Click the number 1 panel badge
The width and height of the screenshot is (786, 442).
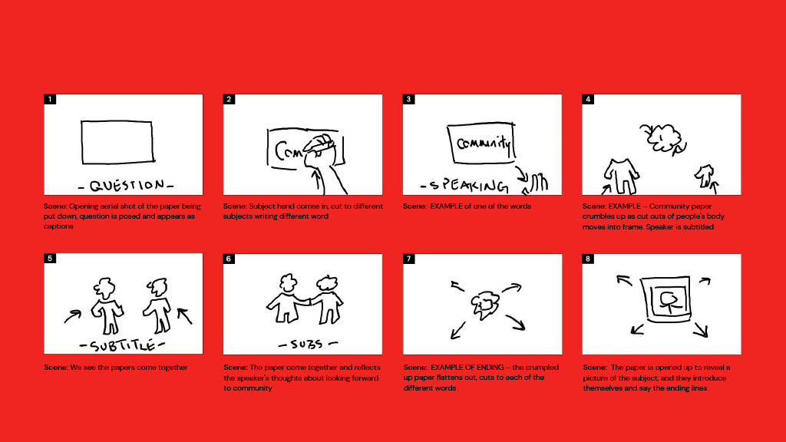click(x=50, y=99)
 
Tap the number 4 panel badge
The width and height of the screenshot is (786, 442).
click(x=588, y=99)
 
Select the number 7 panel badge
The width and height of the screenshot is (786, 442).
click(x=409, y=259)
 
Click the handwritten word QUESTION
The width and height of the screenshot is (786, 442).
click(x=126, y=186)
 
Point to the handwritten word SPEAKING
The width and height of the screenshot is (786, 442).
click(x=464, y=186)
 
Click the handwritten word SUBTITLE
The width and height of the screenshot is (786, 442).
click(x=122, y=345)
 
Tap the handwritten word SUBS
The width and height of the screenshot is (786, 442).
click(x=308, y=345)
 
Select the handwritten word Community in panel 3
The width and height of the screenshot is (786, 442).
click(x=484, y=143)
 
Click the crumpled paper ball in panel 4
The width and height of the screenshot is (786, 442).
click(x=662, y=137)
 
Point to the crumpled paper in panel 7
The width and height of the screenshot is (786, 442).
click(x=485, y=305)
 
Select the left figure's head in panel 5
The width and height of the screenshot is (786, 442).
click(x=104, y=289)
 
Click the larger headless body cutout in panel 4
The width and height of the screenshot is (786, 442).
click(x=621, y=176)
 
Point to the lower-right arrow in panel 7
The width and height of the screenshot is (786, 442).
click(x=515, y=322)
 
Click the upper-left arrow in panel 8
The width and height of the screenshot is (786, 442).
click(x=624, y=280)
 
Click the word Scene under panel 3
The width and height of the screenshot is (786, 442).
click(x=414, y=206)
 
